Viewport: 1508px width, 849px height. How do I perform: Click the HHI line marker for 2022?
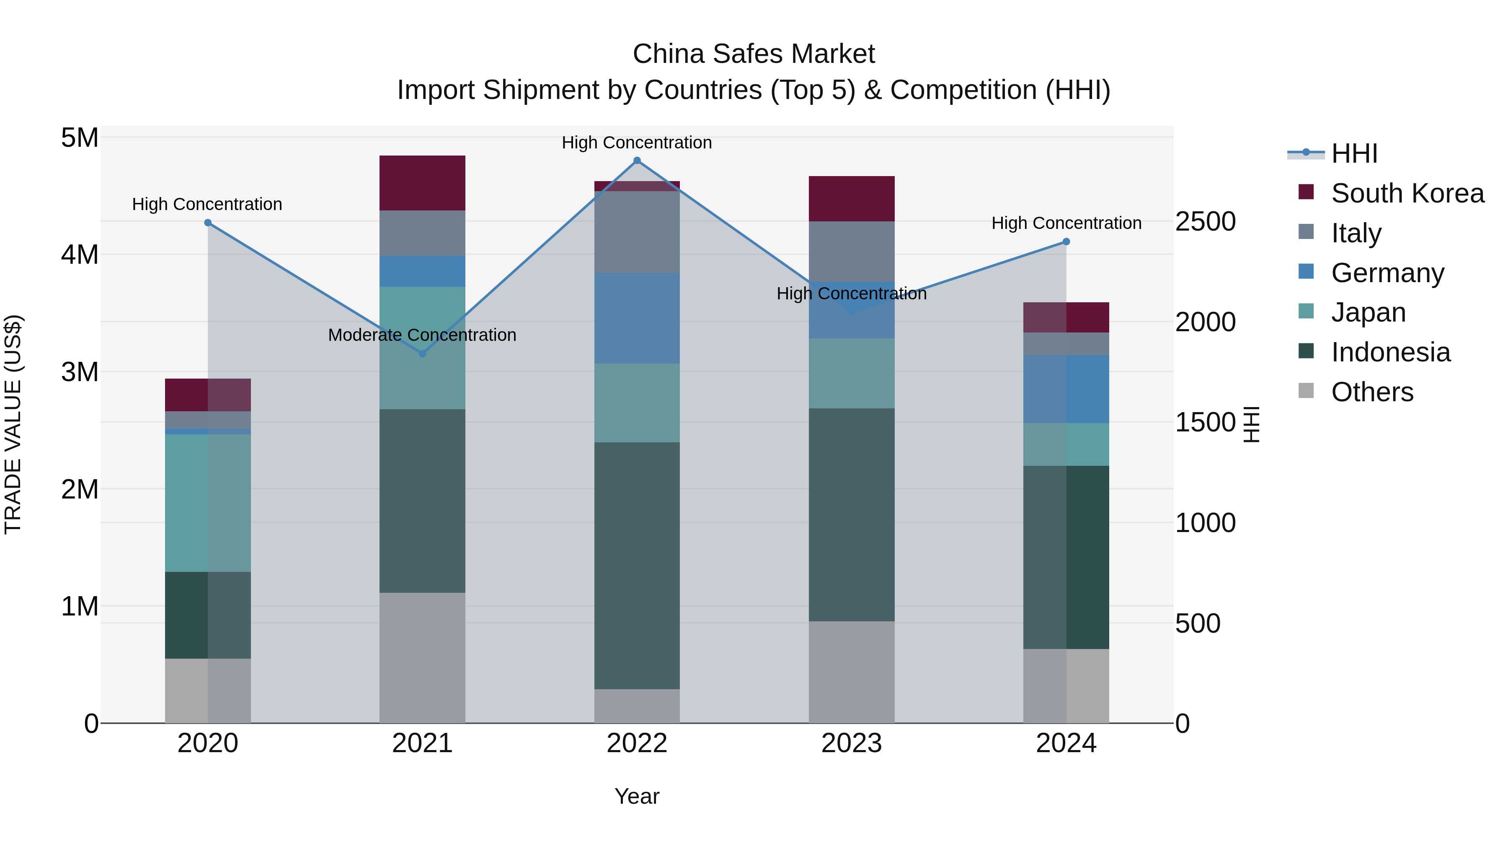coord(637,161)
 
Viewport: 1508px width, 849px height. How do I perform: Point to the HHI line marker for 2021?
coord(422,353)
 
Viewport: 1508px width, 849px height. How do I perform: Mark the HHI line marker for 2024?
coord(1066,241)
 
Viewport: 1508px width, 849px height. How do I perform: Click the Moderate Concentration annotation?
coord(422,335)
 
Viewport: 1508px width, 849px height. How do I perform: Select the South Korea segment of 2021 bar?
coord(422,183)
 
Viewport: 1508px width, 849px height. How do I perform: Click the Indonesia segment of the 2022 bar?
coord(637,566)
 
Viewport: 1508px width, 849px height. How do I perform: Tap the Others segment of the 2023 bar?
coord(851,672)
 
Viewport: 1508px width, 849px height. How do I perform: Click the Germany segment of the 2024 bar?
coord(1066,389)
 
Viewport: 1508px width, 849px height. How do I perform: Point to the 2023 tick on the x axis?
coord(851,743)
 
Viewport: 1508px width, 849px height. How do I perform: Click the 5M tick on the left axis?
coord(80,138)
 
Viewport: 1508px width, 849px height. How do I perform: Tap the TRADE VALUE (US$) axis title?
coord(13,424)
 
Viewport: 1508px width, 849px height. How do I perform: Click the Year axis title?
coord(637,796)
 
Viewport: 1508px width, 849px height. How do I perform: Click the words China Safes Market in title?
coord(754,54)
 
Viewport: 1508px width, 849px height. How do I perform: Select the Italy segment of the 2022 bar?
coord(637,232)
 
